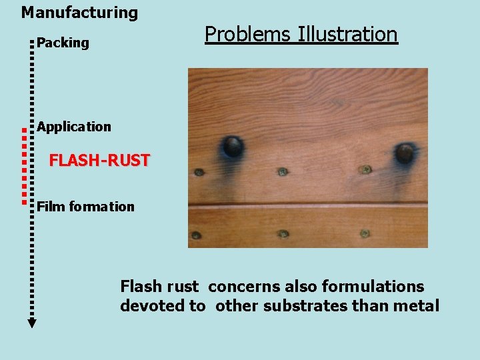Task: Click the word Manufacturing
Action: (x=79, y=13)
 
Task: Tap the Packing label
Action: (x=63, y=43)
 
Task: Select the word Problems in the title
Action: (x=247, y=34)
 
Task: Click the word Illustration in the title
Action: (x=347, y=34)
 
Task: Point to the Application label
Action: (x=74, y=127)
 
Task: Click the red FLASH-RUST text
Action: (x=99, y=161)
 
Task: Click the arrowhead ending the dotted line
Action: (x=31, y=323)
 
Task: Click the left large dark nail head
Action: (x=233, y=146)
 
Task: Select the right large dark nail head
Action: (x=405, y=153)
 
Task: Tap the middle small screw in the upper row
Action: (x=283, y=172)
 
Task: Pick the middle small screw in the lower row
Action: (x=283, y=234)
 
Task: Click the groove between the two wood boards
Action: (x=307, y=203)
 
